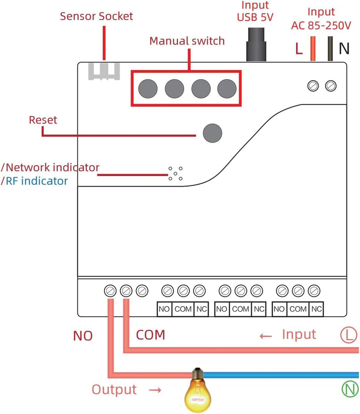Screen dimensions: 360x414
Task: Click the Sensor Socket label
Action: click(x=96, y=16)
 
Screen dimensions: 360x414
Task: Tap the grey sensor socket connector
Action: click(x=104, y=71)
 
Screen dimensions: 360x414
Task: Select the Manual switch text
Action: click(x=187, y=41)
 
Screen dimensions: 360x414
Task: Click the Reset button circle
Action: click(x=212, y=133)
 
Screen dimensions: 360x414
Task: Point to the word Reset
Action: click(x=43, y=120)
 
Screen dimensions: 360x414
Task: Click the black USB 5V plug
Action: click(x=256, y=45)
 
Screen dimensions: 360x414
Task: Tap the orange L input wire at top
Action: click(x=313, y=49)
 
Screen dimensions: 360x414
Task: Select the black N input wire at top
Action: click(x=330, y=49)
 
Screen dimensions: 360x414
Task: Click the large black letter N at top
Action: click(x=344, y=48)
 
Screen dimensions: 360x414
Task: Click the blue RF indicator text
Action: click(x=36, y=181)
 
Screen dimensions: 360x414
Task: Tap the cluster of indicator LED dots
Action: click(x=175, y=173)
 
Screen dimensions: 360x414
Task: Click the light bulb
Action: click(x=198, y=390)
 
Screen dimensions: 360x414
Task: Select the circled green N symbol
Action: click(x=350, y=389)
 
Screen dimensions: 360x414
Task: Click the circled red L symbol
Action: click(x=349, y=335)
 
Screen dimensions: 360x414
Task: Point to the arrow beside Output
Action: click(x=155, y=390)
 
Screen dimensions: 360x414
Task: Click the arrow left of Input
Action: click(x=265, y=336)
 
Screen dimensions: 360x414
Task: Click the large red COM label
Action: click(x=151, y=335)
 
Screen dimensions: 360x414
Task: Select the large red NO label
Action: click(x=83, y=336)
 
